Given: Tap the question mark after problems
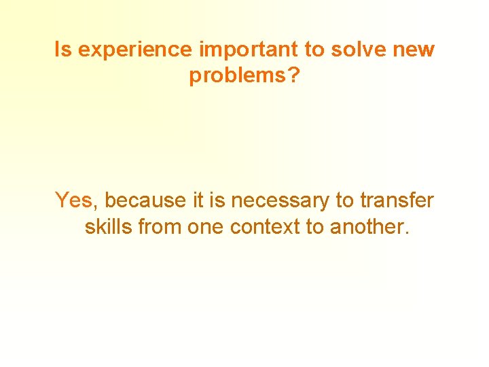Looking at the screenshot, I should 293,75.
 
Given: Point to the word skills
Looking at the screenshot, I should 108,226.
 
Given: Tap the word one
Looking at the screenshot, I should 206,226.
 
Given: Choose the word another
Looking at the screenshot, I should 367,226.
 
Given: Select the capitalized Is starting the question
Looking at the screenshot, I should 62,50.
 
